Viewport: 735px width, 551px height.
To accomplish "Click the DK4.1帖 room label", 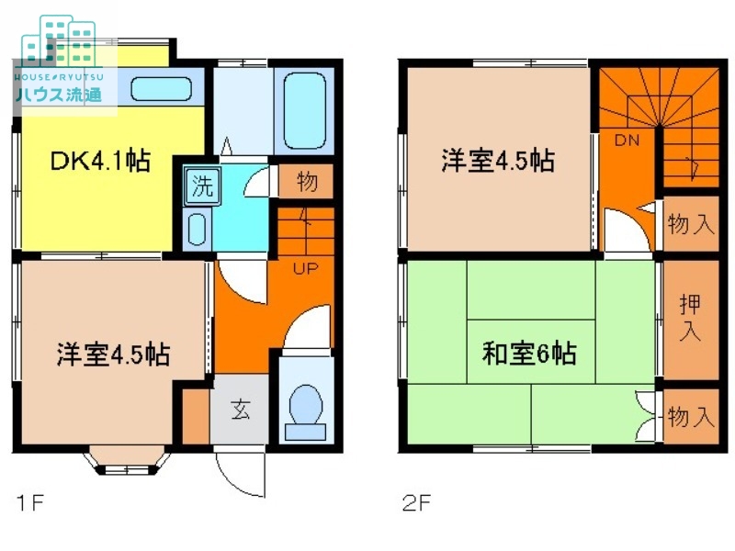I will coord(100,162).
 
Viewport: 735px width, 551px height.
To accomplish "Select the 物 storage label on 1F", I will coord(307,182).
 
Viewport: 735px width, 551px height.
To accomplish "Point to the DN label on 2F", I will coord(627,141).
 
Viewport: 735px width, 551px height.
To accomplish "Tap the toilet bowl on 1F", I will coord(306,408).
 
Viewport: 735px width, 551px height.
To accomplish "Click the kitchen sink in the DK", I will coord(162,90).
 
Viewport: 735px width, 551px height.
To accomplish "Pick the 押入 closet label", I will coord(688,318).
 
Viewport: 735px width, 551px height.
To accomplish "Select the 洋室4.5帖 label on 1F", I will coord(113,354).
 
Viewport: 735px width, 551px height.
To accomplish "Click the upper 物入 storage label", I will coord(690,224).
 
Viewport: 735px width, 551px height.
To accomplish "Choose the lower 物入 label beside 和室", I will coord(690,418).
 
